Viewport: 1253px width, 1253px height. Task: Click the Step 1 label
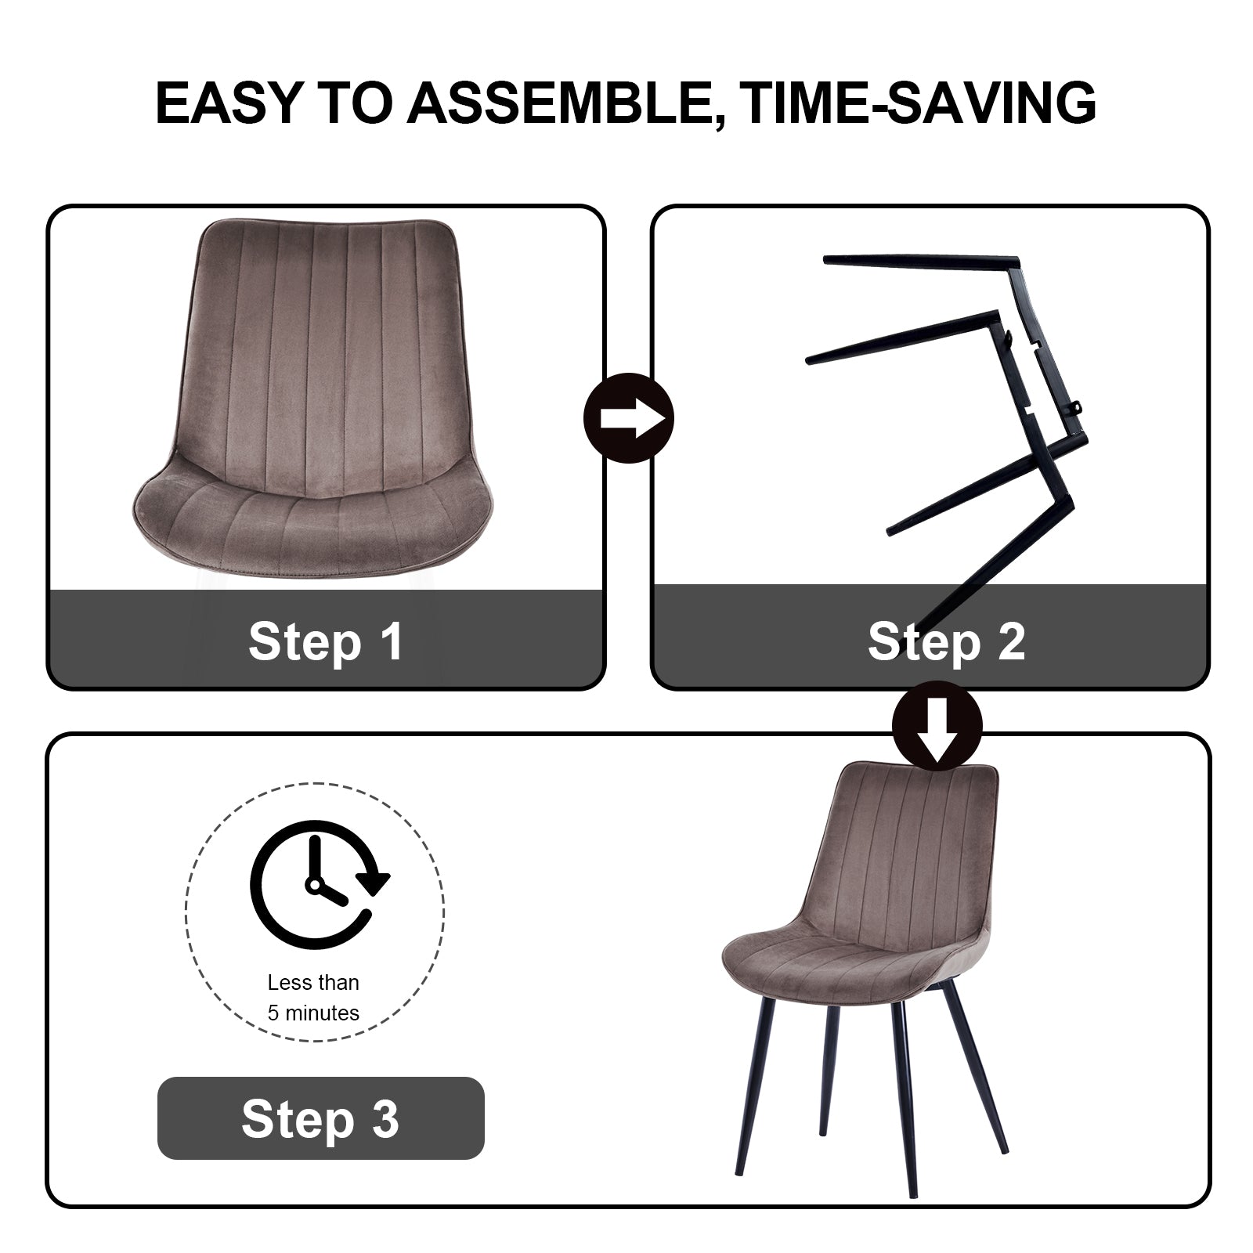click(326, 641)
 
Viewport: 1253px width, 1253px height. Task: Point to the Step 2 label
click(946, 641)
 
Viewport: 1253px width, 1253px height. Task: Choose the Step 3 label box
click(321, 1118)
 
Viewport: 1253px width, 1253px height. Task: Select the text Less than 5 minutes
click(313, 998)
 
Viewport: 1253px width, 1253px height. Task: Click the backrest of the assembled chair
click(908, 846)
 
